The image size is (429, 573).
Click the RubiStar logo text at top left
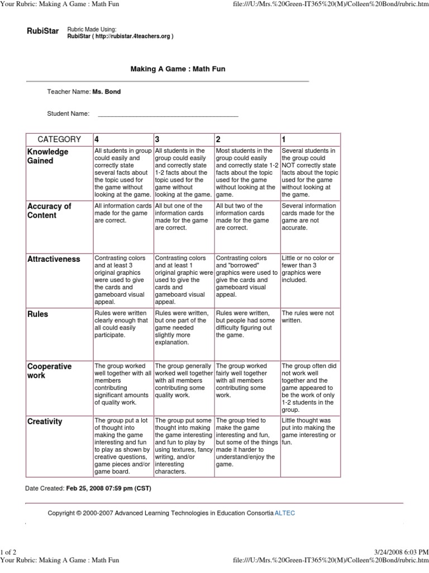pos(42,31)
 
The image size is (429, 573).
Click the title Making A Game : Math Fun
pos(178,69)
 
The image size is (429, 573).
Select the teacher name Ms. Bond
pos(107,92)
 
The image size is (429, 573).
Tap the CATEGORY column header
pos(59,139)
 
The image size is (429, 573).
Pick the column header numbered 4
pos(98,139)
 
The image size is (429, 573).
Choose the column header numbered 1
pos(284,139)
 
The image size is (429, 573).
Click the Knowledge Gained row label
pos(48,156)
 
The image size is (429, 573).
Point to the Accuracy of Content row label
pos(49,210)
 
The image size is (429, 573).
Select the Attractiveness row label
pos(54,259)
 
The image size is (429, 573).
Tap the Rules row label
pos(38,314)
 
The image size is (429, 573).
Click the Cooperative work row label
pos(50,370)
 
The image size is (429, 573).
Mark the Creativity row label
pos(45,421)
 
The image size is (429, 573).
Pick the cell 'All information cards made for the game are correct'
pos(122,213)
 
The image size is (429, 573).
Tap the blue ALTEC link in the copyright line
pos(285,513)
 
